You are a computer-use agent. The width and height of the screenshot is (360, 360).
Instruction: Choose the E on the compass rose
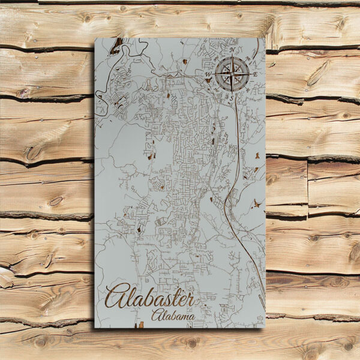point(255,73)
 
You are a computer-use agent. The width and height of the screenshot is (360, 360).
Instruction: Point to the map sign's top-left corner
point(95,38)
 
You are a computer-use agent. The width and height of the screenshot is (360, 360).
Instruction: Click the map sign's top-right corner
point(265,38)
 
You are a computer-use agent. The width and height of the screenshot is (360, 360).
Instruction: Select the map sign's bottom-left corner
point(95,327)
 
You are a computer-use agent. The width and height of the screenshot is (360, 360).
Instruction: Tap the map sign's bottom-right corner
point(265,327)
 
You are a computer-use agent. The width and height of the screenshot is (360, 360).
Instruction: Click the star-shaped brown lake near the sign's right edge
point(258,203)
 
